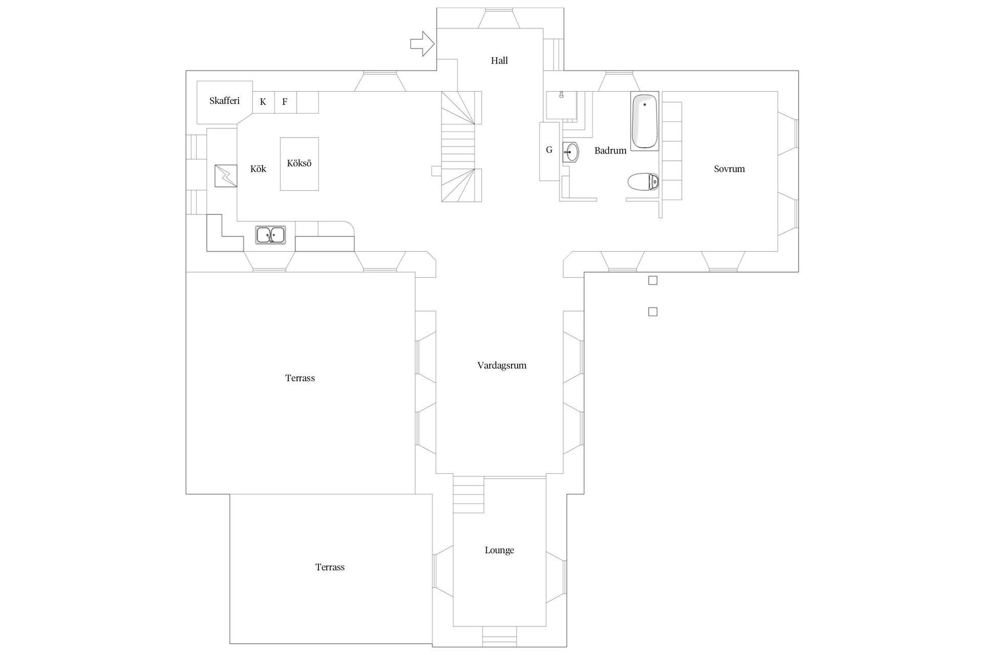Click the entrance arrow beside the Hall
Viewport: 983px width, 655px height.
pyautogui.click(x=422, y=44)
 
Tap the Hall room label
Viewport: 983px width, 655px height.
pyautogui.click(x=499, y=60)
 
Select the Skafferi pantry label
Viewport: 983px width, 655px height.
pyautogui.click(x=224, y=101)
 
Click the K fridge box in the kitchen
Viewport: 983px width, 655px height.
pyautogui.click(x=263, y=102)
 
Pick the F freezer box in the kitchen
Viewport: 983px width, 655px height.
pyautogui.click(x=285, y=102)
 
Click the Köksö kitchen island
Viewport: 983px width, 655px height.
pyautogui.click(x=300, y=164)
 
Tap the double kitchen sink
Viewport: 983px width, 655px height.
pyautogui.click(x=271, y=235)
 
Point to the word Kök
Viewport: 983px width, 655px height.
pyautogui.click(x=258, y=169)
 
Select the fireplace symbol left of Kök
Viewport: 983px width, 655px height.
pyautogui.click(x=226, y=176)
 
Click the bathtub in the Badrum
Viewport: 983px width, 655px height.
pyautogui.click(x=645, y=122)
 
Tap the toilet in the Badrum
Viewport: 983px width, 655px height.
pyautogui.click(x=643, y=182)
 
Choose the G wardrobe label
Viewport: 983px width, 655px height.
pyautogui.click(x=549, y=150)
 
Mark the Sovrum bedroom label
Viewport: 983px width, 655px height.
pyautogui.click(x=729, y=169)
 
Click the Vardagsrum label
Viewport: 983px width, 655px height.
pyautogui.click(x=502, y=365)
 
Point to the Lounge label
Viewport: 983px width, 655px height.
pyautogui.click(x=499, y=550)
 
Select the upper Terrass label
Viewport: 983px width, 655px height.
pyautogui.click(x=300, y=378)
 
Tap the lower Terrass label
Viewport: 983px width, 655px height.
pyautogui.click(x=330, y=567)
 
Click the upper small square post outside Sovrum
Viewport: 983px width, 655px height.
pyautogui.click(x=653, y=280)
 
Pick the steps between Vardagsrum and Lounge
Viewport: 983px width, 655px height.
pyautogui.click(x=468, y=494)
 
